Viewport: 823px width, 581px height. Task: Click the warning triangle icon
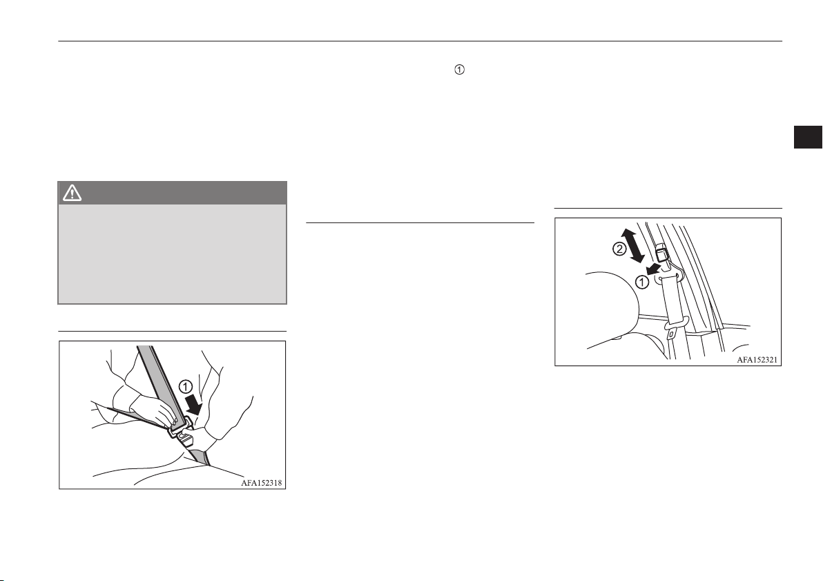coord(72,193)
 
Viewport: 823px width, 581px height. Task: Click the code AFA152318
coord(262,483)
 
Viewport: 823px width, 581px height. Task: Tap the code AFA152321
coord(757,360)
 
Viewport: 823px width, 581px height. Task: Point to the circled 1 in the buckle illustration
coord(186,388)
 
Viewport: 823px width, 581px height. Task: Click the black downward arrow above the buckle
coord(194,405)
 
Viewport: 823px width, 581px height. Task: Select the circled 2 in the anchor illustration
coord(619,249)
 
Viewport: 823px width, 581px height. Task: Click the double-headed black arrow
coord(634,245)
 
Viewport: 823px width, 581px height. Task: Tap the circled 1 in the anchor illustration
coord(641,282)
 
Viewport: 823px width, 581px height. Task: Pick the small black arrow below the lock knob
coord(653,269)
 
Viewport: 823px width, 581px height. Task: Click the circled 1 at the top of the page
coord(459,70)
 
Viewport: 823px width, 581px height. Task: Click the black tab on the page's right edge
coord(808,137)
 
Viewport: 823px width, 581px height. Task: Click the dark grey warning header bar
coord(172,193)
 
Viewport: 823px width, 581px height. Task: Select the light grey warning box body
coord(172,254)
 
